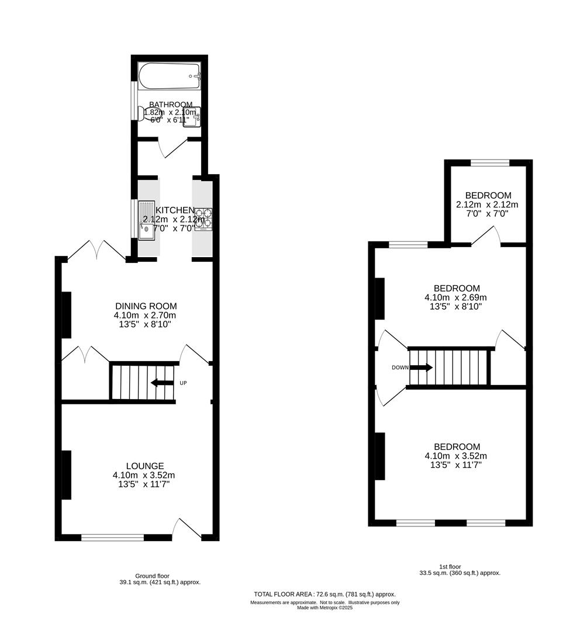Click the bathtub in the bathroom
click(x=170, y=75)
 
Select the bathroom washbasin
click(x=192, y=116)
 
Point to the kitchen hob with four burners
click(x=203, y=218)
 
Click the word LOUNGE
click(x=144, y=466)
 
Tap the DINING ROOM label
click(x=146, y=306)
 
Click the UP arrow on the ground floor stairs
click(x=162, y=383)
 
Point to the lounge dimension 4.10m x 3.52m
click(x=144, y=475)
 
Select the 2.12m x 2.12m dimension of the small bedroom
click(x=488, y=204)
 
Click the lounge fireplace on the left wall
click(x=66, y=474)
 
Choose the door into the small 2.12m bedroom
click(x=485, y=237)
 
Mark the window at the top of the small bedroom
click(x=489, y=163)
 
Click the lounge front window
click(x=112, y=537)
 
